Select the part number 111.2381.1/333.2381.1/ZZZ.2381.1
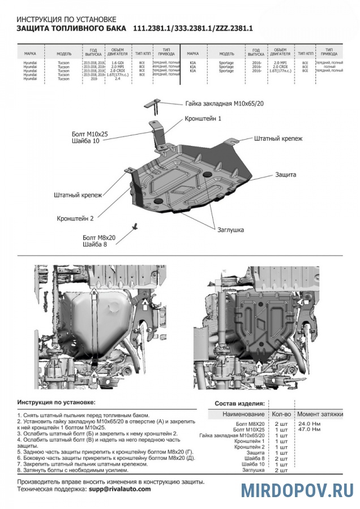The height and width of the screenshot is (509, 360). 192,28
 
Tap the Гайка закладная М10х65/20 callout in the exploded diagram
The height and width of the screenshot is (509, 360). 224,104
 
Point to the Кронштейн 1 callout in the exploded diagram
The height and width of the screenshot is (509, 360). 202,119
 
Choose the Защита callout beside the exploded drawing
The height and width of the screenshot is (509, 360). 285,175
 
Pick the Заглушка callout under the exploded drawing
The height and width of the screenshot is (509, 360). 230,230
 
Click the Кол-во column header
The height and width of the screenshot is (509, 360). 281,415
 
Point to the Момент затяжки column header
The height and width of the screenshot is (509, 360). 320,415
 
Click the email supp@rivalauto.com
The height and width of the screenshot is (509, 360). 120,489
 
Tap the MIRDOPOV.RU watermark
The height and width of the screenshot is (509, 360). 297,490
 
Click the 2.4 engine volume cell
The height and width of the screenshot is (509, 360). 117,79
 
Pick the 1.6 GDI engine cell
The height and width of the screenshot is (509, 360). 117,61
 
